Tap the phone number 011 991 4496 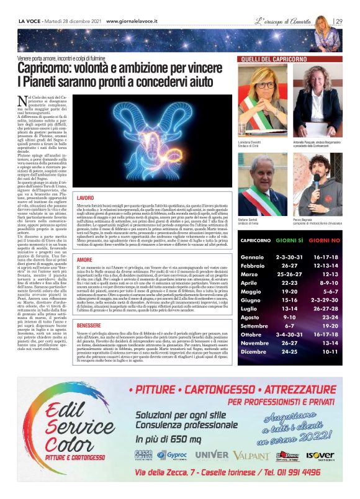pos(302,472)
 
